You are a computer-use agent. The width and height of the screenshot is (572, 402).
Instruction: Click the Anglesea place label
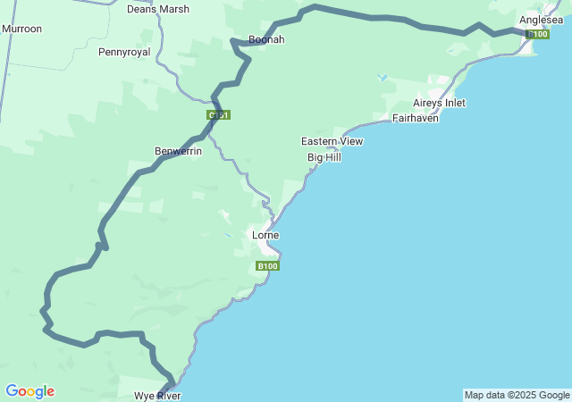(542, 20)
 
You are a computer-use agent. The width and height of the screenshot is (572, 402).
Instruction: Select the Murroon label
(21, 29)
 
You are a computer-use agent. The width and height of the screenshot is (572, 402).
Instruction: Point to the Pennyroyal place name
(124, 53)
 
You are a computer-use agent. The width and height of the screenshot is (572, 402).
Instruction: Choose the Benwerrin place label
(178, 151)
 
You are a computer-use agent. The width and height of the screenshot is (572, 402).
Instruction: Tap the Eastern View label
(332, 141)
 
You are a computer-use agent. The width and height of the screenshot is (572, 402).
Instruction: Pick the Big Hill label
(324, 157)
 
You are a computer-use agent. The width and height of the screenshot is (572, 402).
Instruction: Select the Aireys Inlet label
(439, 103)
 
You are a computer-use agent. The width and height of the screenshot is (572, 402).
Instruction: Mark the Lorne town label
(265, 235)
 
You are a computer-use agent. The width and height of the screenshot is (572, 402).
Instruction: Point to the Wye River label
(157, 395)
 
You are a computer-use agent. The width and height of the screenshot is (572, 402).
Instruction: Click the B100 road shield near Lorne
(267, 266)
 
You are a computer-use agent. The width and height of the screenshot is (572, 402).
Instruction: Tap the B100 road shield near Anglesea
(537, 34)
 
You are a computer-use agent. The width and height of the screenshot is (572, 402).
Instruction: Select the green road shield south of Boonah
(219, 115)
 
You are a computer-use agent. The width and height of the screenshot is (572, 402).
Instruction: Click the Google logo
(29, 391)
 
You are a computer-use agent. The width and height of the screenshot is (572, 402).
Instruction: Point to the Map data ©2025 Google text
(517, 395)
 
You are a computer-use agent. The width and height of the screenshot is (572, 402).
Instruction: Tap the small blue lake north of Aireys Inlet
(383, 78)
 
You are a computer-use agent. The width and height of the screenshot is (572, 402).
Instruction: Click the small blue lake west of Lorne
(229, 235)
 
